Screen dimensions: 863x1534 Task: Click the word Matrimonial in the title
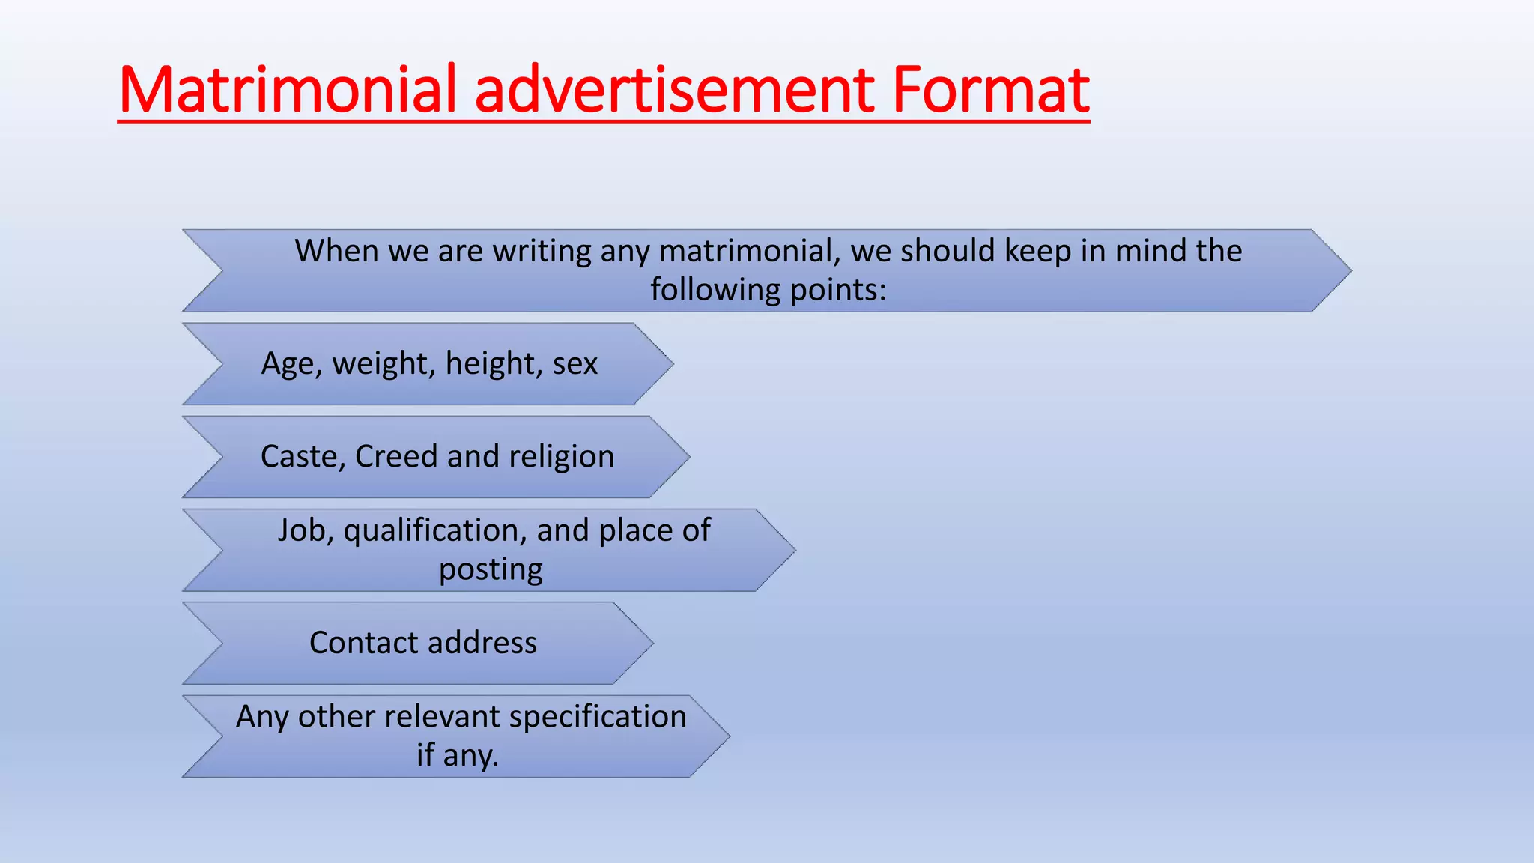(288, 90)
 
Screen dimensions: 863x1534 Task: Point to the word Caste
(303, 457)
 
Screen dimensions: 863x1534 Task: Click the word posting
(491, 570)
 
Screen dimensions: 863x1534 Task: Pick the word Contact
(363, 643)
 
